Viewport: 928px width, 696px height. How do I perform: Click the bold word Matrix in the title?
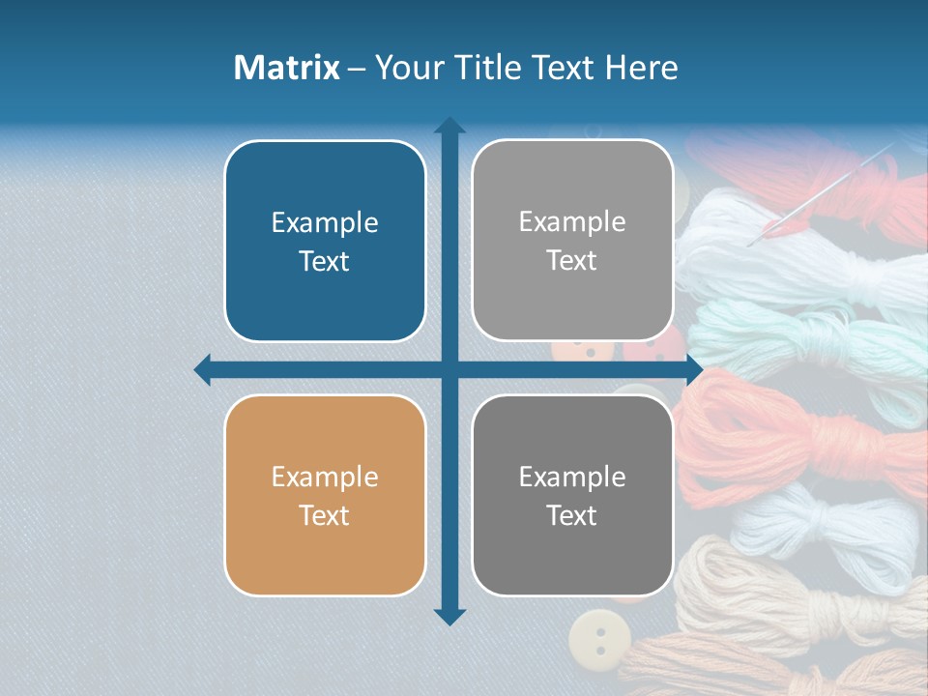[x=287, y=68]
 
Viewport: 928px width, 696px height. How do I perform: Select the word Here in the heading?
[x=641, y=68]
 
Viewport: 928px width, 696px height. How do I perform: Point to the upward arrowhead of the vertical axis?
[x=449, y=126]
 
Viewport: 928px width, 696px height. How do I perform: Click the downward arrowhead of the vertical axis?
[x=449, y=616]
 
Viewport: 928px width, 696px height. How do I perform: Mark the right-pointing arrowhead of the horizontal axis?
[x=693, y=369]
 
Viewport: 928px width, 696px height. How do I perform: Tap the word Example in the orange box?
[x=325, y=477]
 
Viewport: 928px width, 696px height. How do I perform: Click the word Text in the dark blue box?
[x=325, y=261]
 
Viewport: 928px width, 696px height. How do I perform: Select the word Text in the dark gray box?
[x=572, y=515]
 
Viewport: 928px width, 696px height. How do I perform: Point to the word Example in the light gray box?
[x=572, y=221]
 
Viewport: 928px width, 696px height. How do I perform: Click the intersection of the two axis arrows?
[x=449, y=369]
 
